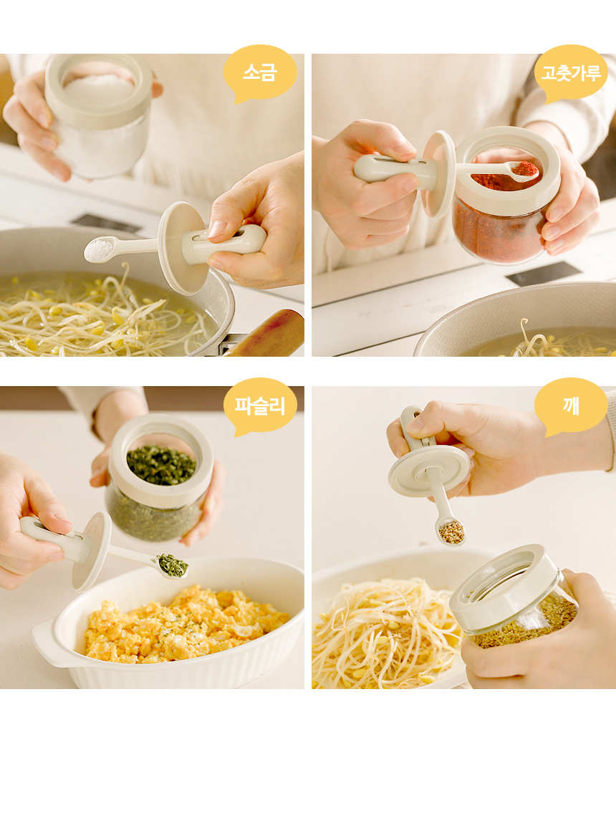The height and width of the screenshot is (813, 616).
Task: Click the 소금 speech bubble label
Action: click(x=260, y=72)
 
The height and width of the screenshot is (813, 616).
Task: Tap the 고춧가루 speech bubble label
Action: click(x=571, y=72)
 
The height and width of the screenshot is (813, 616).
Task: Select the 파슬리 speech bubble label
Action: click(x=260, y=405)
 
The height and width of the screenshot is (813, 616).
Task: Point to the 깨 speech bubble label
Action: click(x=571, y=405)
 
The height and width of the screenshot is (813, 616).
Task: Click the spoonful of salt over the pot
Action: click(x=99, y=249)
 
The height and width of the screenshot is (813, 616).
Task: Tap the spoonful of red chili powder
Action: click(x=524, y=170)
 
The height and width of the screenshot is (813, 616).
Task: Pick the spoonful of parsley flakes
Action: click(x=172, y=565)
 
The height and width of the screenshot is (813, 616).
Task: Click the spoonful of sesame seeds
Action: click(x=451, y=532)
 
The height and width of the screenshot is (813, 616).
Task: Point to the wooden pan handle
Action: click(x=268, y=333)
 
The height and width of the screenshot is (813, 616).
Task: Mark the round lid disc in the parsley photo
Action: click(x=92, y=552)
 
